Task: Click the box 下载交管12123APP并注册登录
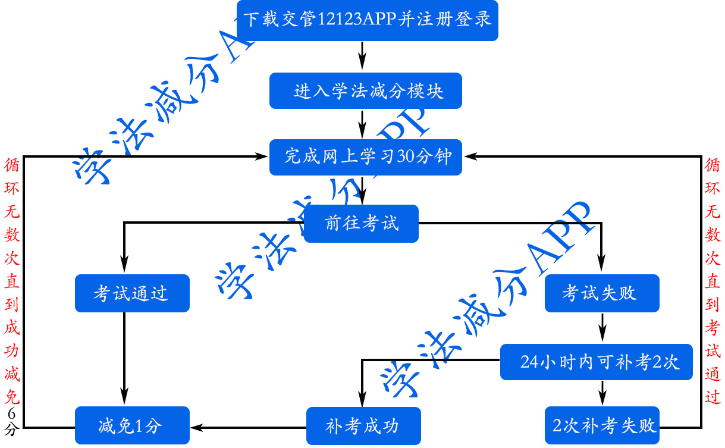click(367, 21)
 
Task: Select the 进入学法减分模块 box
click(365, 91)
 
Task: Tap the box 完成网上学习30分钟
click(365, 157)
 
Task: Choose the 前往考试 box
click(361, 224)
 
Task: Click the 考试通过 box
click(132, 293)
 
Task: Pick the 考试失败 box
click(602, 293)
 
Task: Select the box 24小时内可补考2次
click(596, 362)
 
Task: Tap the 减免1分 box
click(132, 425)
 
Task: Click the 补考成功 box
click(363, 425)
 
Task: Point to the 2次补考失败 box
click(602, 425)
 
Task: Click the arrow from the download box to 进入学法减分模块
click(362, 57)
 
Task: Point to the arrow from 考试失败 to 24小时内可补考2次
click(602, 328)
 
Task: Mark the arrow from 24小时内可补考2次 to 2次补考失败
click(602, 393)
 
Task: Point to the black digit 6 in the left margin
click(12, 413)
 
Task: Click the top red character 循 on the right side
click(712, 165)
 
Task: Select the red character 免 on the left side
click(12, 396)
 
